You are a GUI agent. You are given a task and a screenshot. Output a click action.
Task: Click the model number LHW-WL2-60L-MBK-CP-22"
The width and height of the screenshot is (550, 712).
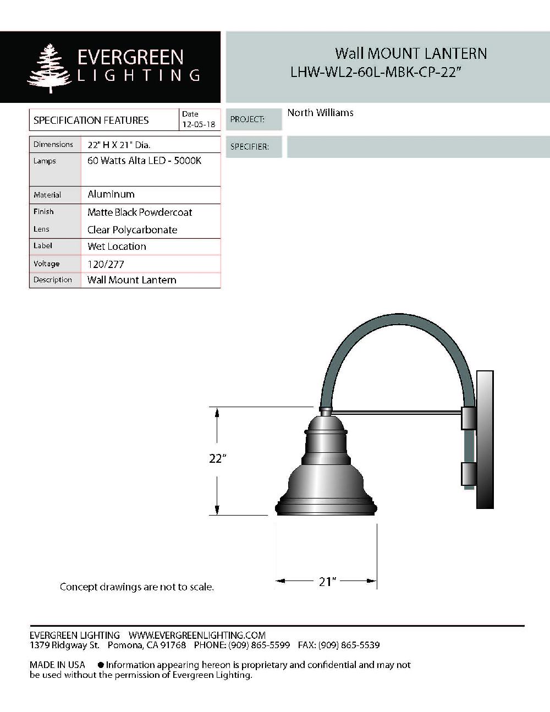click(x=374, y=72)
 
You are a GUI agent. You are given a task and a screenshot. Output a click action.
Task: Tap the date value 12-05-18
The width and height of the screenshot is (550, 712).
click(x=199, y=125)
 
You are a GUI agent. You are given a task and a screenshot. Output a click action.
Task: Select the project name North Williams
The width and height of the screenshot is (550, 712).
click(x=320, y=113)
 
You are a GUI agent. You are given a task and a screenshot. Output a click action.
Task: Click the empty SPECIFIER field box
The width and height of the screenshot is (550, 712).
click(x=417, y=147)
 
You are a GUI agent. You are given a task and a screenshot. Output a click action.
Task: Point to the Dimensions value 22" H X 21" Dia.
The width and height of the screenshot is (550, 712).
click(x=119, y=145)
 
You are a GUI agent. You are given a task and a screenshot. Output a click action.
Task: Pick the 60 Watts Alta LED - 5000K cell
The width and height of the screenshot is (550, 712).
click(x=144, y=161)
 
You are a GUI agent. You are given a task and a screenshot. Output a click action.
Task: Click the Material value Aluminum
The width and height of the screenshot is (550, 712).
click(x=111, y=194)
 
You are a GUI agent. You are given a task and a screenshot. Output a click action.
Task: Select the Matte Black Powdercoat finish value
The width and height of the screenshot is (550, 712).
click(x=140, y=212)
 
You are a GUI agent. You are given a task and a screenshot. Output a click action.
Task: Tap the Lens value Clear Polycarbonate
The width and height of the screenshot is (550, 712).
click(x=132, y=230)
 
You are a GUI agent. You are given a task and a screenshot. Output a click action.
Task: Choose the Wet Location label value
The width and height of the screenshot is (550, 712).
click(x=117, y=247)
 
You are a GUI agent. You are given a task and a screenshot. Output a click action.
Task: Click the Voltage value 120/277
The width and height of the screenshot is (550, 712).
click(x=106, y=264)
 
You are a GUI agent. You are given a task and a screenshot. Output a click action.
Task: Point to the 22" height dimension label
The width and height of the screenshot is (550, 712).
click(x=218, y=458)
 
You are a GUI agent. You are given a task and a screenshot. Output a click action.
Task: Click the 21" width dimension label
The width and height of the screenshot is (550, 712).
click(x=327, y=581)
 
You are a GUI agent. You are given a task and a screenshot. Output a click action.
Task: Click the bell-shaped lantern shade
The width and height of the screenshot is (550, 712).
click(x=326, y=473)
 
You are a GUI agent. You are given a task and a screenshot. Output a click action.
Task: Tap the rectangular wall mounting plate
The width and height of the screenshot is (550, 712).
click(x=485, y=439)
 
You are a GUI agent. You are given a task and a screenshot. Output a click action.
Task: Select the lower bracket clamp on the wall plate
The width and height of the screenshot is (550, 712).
click(x=468, y=474)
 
